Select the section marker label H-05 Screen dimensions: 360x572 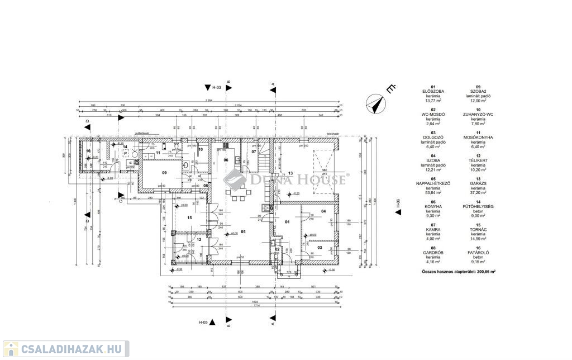pos(203,323)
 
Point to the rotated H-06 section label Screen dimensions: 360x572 pos(398,205)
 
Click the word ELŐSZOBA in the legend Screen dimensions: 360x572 pos(433,92)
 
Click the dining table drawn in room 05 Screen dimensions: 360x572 pos(236,196)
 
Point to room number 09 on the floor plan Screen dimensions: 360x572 pos(149,172)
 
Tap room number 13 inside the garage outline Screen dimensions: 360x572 pos(290,173)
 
